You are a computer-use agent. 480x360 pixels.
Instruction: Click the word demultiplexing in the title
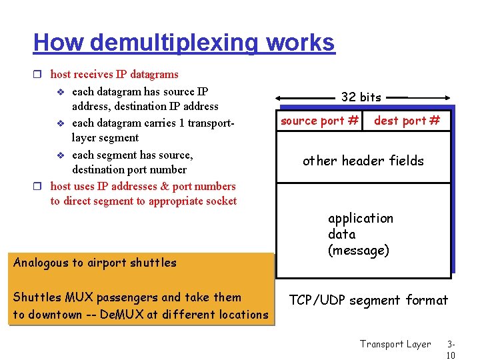tap(175, 43)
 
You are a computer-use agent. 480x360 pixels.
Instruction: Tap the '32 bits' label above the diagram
tap(361, 97)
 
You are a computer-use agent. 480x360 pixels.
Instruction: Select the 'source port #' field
tap(320, 121)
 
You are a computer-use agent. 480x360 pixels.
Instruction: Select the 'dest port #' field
tap(407, 121)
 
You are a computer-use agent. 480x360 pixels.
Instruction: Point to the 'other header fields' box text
tap(363, 161)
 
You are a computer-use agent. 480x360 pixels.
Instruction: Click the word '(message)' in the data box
tap(359, 251)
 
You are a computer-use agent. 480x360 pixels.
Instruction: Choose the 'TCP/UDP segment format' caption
tap(368, 301)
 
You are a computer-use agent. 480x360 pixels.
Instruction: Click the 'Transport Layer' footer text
tap(395, 344)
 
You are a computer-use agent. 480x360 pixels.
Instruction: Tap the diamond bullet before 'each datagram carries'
tap(61, 123)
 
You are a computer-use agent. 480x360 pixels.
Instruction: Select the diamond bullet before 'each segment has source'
tap(61, 155)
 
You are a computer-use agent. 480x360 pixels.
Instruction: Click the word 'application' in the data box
tap(361, 219)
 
